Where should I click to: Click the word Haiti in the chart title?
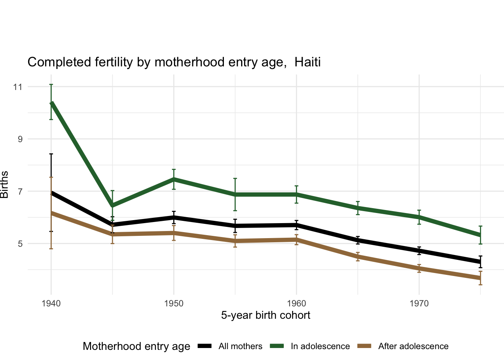307,62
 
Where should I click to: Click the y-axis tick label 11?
18,87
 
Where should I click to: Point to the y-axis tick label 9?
19,139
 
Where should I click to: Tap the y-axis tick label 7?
19,191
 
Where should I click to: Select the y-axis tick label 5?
19,244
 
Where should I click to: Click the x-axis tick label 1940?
51,303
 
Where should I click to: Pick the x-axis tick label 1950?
174,303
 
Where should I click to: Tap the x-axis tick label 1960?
296,303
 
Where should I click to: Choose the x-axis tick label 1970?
419,303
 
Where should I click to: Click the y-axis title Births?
4,184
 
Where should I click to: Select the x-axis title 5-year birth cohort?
265,315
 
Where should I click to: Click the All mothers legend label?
240,346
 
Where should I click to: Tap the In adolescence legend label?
320,346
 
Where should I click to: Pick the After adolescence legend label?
413,346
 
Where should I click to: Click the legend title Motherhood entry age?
136,346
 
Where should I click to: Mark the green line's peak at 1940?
51,103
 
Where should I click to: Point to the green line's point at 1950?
174,179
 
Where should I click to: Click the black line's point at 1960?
296,225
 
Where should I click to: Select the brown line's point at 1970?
419,269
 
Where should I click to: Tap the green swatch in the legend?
278,346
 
